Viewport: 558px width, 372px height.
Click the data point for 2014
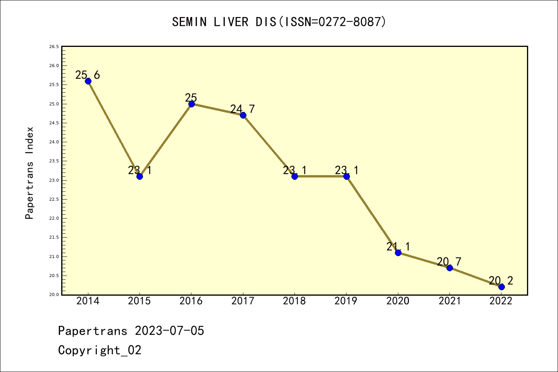click(x=88, y=81)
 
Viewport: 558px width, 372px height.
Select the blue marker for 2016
click(x=191, y=104)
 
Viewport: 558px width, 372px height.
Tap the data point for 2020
click(x=398, y=253)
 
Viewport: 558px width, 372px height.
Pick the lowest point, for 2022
click(x=501, y=287)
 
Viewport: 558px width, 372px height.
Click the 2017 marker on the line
click(x=243, y=115)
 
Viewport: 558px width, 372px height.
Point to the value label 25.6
click(x=88, y=75)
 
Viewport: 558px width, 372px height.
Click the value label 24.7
click(x=243, y=109)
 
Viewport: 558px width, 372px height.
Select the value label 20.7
click(x=449, y=262)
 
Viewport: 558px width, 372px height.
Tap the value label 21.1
click(x=398, y=246)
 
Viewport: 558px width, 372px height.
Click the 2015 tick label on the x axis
click(x=139, y=301)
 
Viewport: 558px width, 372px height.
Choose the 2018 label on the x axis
click(x=294, y=301)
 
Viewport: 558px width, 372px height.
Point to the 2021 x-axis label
click(x=449, y=301)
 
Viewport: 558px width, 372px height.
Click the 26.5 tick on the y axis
click(x=54, y=47)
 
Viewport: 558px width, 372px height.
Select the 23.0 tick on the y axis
click(x=54, y=180)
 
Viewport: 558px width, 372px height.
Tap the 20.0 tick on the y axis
click(x=54, y=294)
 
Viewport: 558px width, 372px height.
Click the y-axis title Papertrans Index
click(x=29, y=173)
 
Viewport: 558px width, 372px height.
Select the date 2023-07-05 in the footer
click(x=169, y=331)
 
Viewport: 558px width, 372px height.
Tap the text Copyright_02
click(x=100, y=350)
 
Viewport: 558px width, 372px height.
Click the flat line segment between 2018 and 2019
click(x=320, y=176)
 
